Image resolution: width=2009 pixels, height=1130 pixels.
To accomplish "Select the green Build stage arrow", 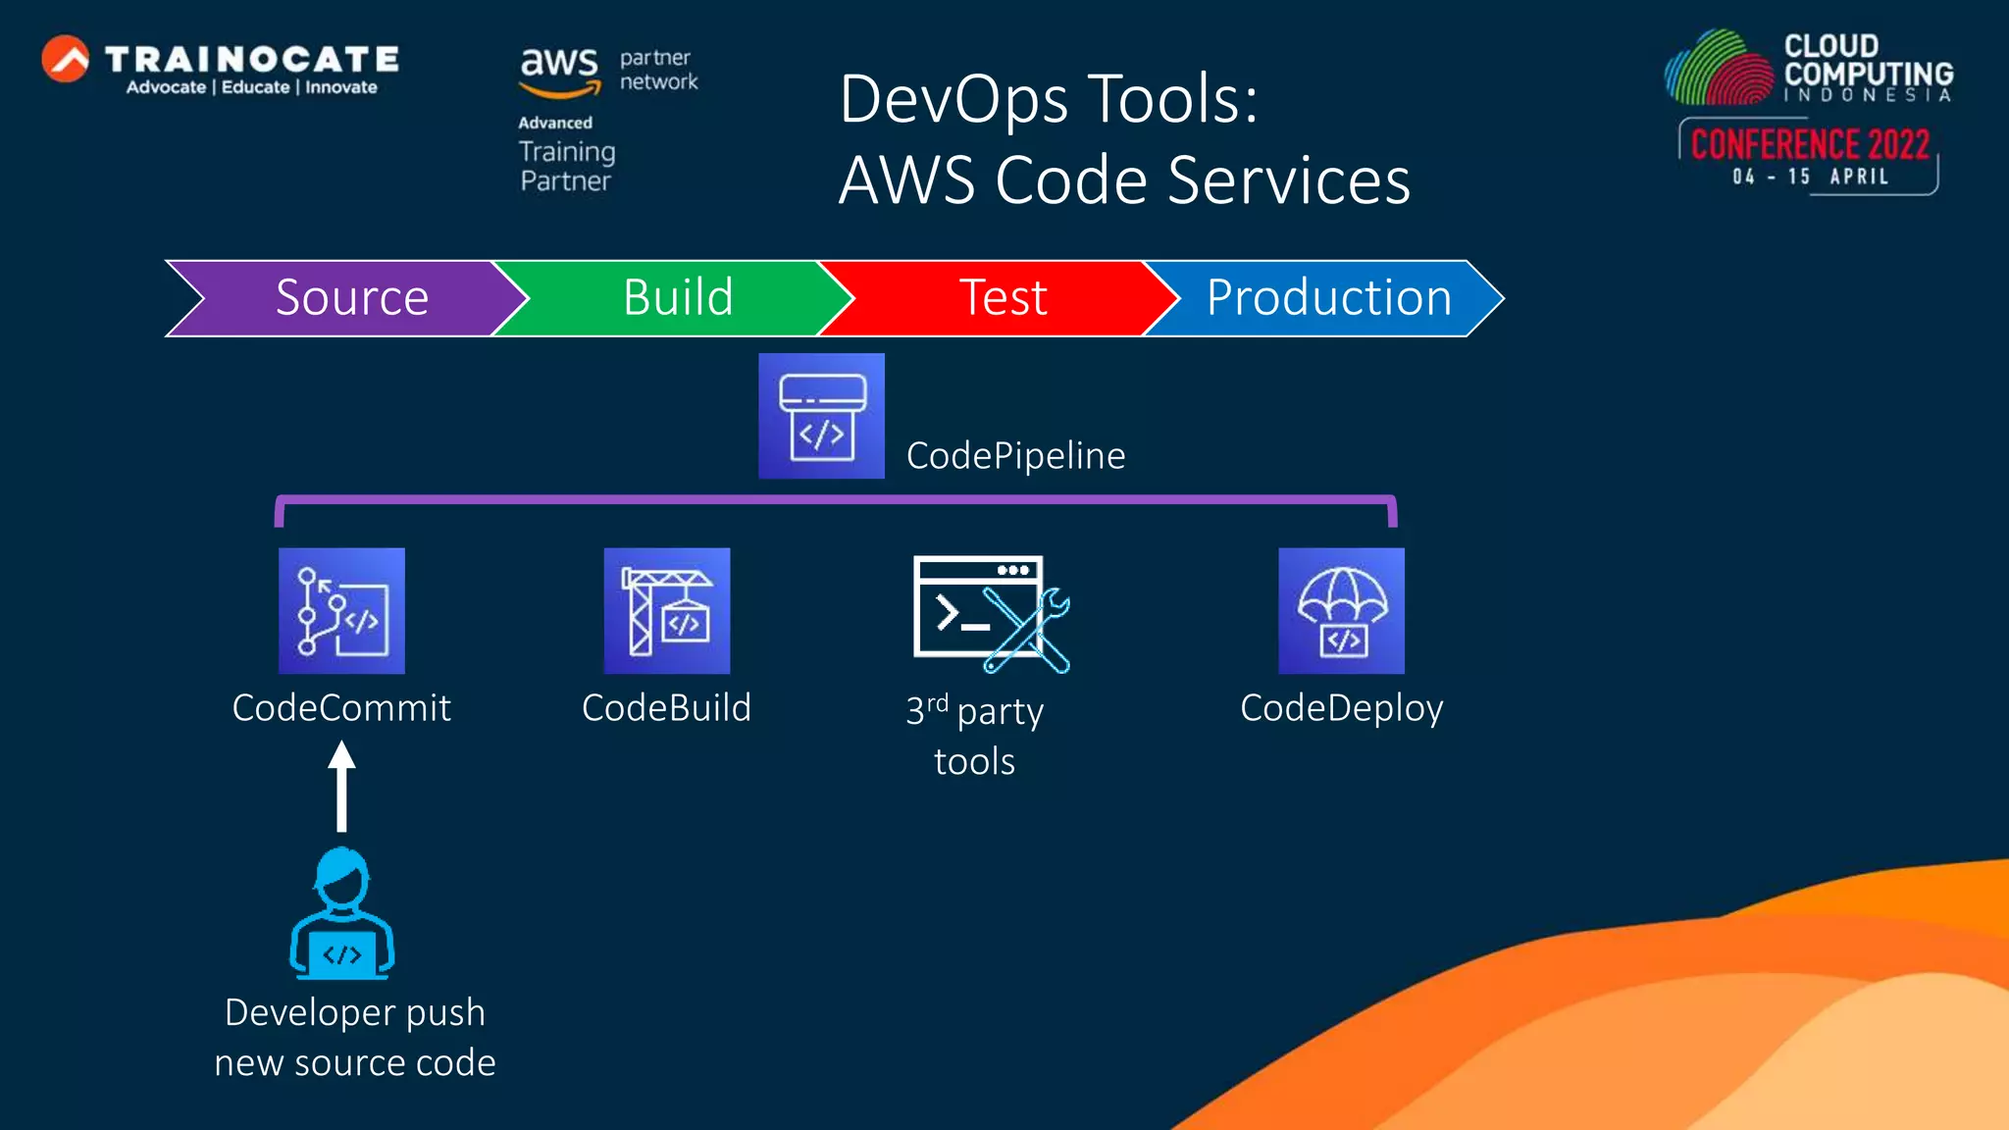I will coord(677,298).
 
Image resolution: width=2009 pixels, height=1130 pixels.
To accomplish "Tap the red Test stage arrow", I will coord(1003,298).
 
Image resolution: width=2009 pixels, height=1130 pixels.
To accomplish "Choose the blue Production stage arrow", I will coord(1329,298).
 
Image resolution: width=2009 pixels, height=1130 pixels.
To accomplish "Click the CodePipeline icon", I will coord(821,416).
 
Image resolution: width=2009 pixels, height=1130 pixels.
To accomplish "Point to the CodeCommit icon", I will coord(341,610).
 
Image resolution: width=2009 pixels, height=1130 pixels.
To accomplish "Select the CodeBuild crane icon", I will coord(667,610).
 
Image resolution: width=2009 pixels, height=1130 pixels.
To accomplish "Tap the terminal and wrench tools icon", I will coord(990,614).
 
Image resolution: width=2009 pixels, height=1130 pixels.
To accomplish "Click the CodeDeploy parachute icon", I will coord(1341,610).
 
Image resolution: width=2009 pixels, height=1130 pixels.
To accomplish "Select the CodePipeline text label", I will coord(1015,456).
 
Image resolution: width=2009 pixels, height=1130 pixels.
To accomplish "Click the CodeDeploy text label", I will coord(1341,708).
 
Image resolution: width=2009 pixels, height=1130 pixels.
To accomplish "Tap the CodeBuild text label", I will coord(666,708).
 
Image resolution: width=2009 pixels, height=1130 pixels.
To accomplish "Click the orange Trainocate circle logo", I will coord(66,60).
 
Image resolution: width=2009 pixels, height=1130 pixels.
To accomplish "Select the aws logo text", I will coord(559,65).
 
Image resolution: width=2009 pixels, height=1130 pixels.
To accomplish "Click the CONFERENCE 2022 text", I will coord(1810,145).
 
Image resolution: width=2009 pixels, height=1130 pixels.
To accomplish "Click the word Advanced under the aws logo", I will coord(555,123).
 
